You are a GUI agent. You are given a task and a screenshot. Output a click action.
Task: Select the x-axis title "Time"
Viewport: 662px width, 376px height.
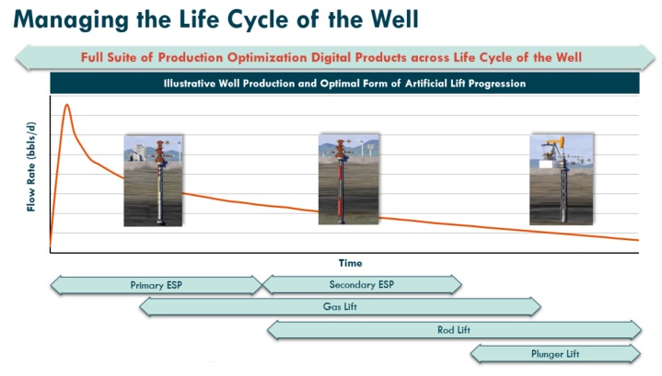click(x=349, y=263)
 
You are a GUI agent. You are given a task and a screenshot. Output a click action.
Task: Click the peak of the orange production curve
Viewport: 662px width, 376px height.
click(x=66, y=105)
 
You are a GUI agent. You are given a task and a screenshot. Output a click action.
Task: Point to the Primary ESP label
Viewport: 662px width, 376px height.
click(x=156, y=285)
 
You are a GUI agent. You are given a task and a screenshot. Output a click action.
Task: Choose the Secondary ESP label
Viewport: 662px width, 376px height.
click(x=361, y=284)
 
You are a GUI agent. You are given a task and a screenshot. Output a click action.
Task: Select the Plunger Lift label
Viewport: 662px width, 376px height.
click(x=554, y=353)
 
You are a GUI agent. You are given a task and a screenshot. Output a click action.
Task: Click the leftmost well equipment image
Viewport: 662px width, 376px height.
click(x=152, y=179)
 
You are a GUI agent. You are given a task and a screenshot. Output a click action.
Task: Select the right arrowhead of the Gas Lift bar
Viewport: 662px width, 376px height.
click(x=536, y=307)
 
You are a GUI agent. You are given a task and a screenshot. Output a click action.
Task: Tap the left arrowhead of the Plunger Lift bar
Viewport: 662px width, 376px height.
click(x=476, y=353)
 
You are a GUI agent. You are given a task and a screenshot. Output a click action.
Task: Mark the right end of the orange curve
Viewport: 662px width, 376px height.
click(x=637, y=240)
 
